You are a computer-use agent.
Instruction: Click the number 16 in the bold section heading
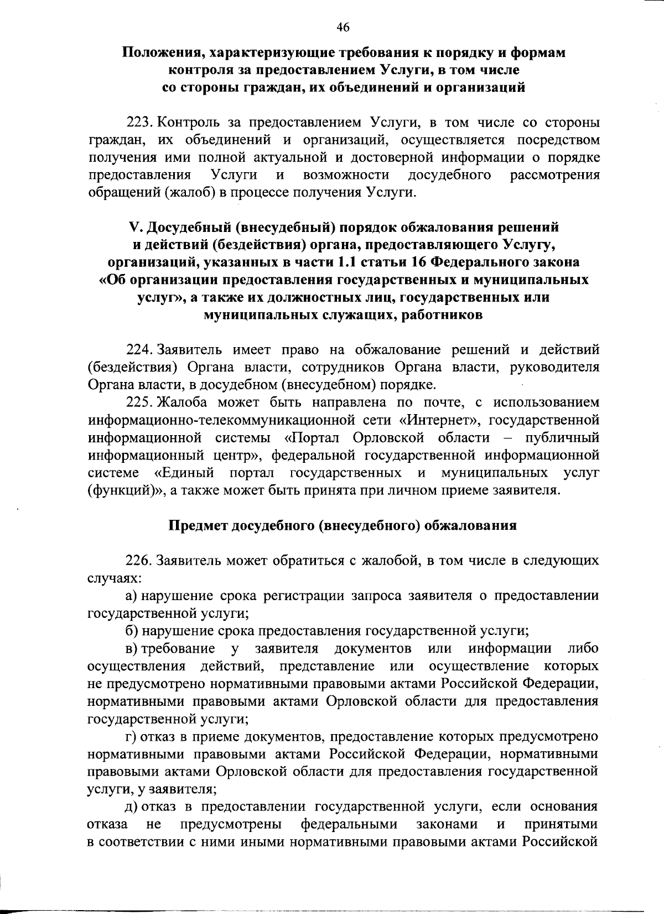(418, 262)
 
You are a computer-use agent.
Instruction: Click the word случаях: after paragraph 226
(115, 578)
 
